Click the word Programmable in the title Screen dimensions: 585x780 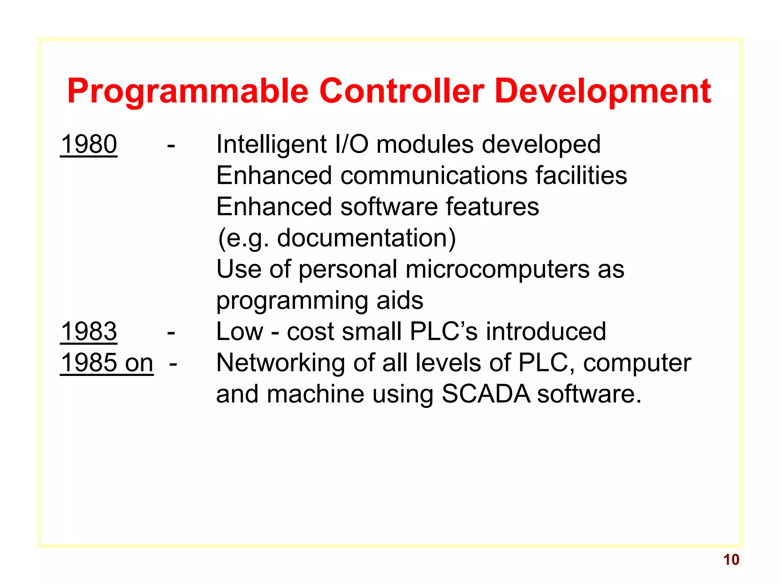click(187, 91)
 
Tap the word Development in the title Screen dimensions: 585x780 click(603, 91)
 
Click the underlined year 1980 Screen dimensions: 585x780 click(89, 144)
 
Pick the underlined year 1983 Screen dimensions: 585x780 click(89, 331)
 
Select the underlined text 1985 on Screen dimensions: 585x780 click(107, 363)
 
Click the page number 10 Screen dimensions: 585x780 click(731, 559)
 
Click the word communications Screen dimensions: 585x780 click(434, 176)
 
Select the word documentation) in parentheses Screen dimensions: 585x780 click(366, 238)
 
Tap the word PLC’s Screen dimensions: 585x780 click(443, 331)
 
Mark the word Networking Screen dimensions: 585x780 click(281, 363)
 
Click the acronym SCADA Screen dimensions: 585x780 click(486, 394)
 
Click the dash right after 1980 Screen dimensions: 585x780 click(171, 145)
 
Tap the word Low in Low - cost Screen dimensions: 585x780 click(240, 331)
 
